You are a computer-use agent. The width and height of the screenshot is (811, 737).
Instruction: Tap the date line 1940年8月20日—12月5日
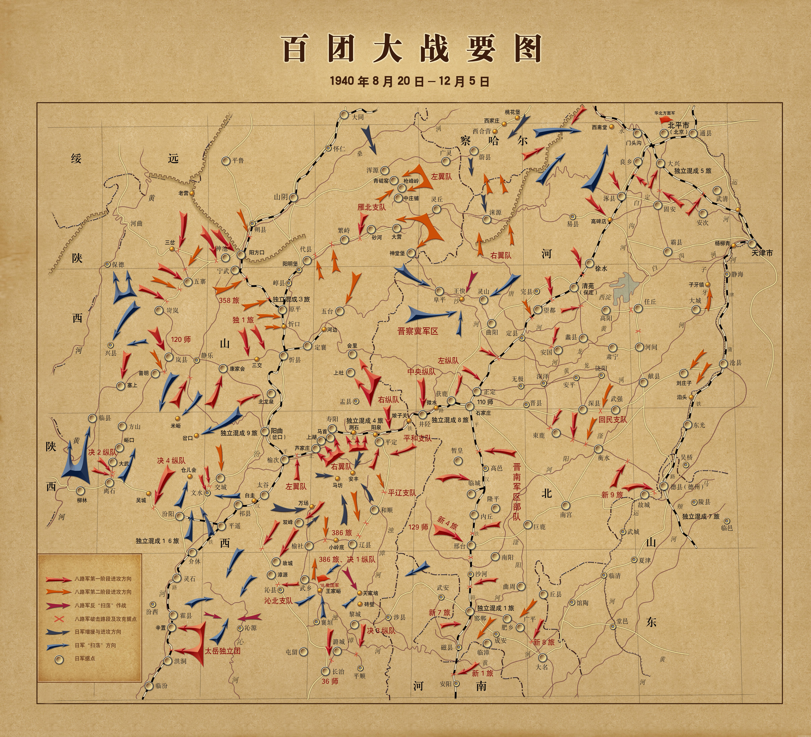pyautogui.click(x=409, y=81)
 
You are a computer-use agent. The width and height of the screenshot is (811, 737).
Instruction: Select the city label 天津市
pyautogui.click(x=762, y=253)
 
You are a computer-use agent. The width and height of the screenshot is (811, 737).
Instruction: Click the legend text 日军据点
pyautogui.click(x=85, y=659)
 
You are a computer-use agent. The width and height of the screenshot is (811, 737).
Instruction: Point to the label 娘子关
pyautogui.click(x=399, y=415)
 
